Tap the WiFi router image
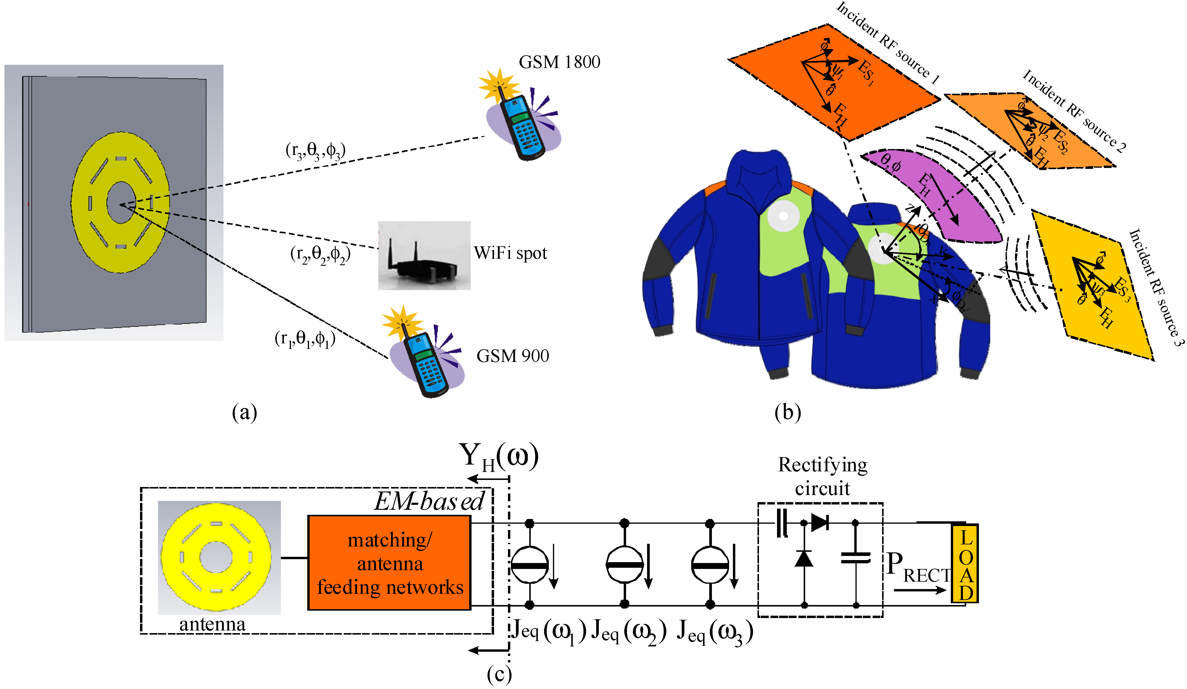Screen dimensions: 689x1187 tap(424, 255)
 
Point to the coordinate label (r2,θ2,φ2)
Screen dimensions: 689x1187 tap(320, 255)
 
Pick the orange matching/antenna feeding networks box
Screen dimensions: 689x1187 tap(389, 563)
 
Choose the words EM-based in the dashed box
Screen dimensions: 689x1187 tap(429, 501)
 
